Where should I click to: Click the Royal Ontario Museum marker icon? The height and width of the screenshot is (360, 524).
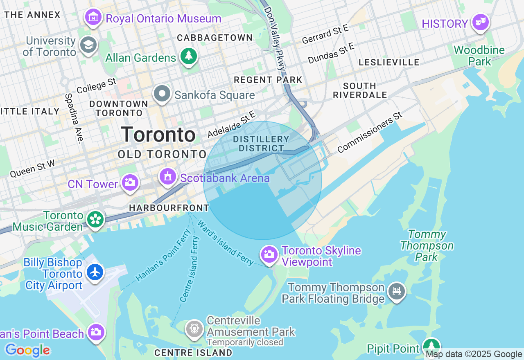pos(93,17)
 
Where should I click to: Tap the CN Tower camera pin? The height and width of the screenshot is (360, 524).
pos(130,183)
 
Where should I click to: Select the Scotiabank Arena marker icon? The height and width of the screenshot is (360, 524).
pos(167,177)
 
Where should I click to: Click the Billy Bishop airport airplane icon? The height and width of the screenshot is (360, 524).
pos(95,272)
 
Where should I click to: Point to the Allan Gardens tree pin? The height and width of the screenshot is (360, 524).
pos(188,56)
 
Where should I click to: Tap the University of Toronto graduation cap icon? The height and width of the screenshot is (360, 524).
pos(88,45)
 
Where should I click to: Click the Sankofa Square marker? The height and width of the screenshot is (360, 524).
pos(162,94)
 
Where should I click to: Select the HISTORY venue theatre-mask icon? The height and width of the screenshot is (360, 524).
pos(480,22)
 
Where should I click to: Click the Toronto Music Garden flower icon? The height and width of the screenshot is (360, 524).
pos(95,219)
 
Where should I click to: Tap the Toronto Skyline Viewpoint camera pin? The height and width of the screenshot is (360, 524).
pos(269,254)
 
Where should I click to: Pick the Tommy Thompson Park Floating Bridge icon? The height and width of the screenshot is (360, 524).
pos(397,291)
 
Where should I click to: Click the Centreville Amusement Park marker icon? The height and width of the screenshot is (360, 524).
pos(194,328)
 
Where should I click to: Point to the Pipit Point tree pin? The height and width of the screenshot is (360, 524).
pos(431,346)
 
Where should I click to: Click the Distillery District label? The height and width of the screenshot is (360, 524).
pos(261,144)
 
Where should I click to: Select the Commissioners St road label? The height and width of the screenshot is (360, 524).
pos(370,132)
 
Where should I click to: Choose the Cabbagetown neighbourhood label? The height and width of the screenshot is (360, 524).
pos(215,38)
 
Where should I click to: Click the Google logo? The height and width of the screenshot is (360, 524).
pos(27,350)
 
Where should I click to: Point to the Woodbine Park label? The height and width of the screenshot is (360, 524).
pos(479,56)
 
